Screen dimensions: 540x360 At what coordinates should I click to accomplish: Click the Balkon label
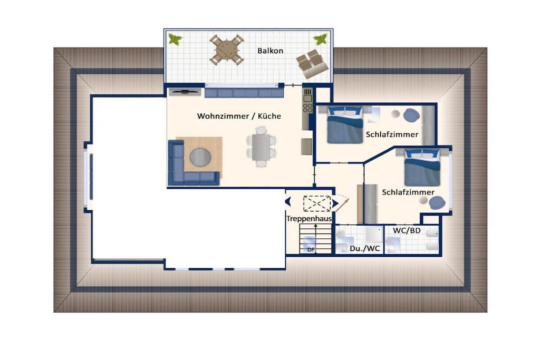point(271,51)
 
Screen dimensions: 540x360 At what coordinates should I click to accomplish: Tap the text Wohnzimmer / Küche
point(239,116)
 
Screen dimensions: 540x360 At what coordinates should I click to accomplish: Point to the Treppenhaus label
point(309,219)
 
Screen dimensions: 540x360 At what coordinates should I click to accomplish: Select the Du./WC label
point(365,248)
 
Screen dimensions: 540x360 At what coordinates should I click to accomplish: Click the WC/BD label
point(407,230)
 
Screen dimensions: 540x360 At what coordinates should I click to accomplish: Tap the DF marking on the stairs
point(311,249)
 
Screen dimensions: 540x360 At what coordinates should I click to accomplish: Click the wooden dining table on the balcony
point(227,50)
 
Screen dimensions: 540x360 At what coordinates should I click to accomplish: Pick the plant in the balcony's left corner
point(175,39)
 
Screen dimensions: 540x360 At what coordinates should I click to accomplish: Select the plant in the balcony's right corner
point(320,39)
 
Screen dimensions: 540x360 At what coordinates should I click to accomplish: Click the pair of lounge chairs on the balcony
point(312,64)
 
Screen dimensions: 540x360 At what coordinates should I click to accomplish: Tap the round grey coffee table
point(200,157)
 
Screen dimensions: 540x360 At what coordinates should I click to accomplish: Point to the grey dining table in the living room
point(261,147)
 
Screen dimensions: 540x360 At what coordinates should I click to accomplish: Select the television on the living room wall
point(185,92)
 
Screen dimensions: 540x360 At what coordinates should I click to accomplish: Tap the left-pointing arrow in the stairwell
point(288,202)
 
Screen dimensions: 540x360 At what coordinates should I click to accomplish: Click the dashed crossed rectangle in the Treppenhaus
point(317,203)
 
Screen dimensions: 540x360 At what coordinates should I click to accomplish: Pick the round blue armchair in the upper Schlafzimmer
point(411,115)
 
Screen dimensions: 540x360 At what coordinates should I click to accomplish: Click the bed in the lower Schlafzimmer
point(422,168)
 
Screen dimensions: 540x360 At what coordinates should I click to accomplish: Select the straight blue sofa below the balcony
point(244,93)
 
